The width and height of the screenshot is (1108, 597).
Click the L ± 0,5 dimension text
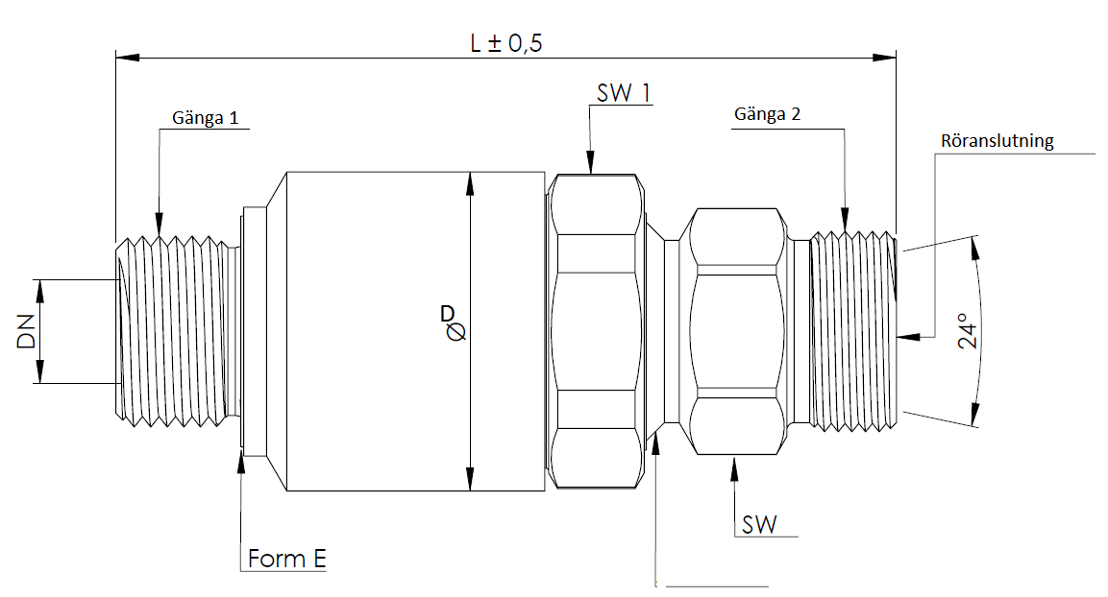[507, 44]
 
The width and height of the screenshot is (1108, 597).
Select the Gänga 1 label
[205, 118]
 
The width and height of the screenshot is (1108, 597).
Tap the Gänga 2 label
[767, 114]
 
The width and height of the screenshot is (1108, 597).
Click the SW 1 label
[624, 93]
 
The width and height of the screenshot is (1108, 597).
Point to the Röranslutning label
[997, 141]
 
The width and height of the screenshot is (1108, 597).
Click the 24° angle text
[970, 331]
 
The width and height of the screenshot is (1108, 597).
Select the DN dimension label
[26, 331]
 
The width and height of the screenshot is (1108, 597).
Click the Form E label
[286, 559]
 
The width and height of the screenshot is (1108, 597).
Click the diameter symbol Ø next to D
[456, 331]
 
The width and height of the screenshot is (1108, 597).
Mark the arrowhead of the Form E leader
[240, 458]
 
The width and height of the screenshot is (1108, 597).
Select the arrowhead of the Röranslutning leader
[901, 337]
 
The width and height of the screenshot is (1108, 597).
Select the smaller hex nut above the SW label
[735, 331]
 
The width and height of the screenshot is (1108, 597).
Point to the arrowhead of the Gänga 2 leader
[845, 225]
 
